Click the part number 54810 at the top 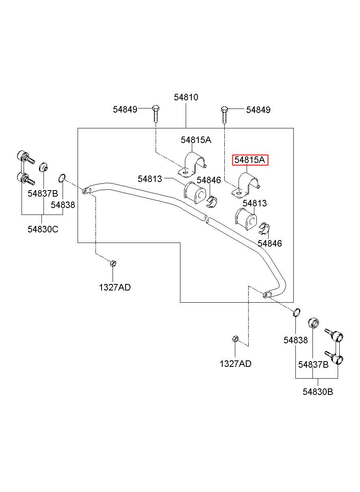point(186,97)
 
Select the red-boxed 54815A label point(250,160)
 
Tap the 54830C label point(43,229)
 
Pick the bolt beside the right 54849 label point(224,115)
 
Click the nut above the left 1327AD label point(113,263)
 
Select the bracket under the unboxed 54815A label point(193,164)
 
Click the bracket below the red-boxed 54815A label point(246,185)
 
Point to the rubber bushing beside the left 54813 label point(195,193)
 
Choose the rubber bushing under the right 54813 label point(246,219)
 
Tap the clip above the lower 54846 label point(264,228)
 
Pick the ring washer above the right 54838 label point(297,312)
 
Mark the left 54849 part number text point(125,109)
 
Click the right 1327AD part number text point(235,364)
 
